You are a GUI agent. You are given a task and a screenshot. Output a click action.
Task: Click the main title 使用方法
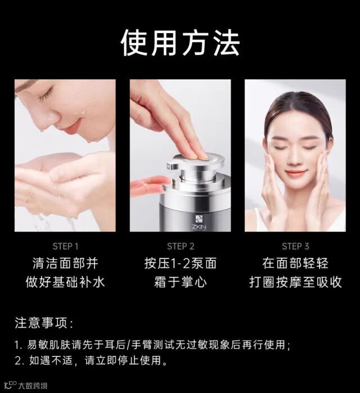[x=180, y=43]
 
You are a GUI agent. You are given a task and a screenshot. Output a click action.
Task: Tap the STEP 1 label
[x=66, y=247]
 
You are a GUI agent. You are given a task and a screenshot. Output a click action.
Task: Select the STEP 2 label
[x=181, y=247]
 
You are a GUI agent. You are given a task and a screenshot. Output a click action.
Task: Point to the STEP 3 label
[x=295, y=247]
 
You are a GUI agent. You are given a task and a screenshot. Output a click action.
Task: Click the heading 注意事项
[x=44, y=323]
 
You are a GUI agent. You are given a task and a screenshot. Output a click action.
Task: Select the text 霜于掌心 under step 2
[x=181, y=282]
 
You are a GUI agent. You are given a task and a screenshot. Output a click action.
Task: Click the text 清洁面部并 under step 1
[x=65, y=263]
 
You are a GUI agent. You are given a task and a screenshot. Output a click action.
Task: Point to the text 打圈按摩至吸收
[x=295, y=282]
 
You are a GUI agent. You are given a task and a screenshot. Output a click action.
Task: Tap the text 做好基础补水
[x=65, y=282]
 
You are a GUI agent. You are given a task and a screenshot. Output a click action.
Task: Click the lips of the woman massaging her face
[x=296, y=173]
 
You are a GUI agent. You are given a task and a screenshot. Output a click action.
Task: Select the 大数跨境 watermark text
[x=33, y=386]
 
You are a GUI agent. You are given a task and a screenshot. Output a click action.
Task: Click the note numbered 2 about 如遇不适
[x=91, y=361]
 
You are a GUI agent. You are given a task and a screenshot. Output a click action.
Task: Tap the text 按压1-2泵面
[x=181, y=263]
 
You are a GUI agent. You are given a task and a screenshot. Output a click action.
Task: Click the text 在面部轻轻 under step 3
[x=295, y=263]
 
